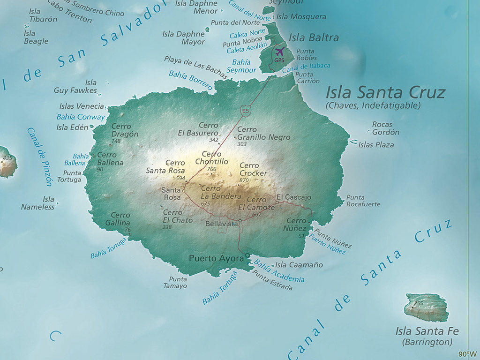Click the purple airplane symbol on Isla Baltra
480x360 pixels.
[x=280, y=51]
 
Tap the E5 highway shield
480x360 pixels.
[x=245, y=111]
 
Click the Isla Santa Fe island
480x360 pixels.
[x=427, y=307]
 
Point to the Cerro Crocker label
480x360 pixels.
[x=253, y=169]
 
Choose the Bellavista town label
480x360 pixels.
[x=221, y=224]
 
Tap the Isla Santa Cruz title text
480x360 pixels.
[x=385, y=92]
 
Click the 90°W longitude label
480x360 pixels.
[x=467, y=354]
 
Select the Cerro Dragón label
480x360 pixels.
[x=125, y=130]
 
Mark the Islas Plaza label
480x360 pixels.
[x=376, y=145]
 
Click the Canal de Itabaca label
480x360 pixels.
[x=307, y=68]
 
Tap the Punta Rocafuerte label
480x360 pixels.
[x=363, y=201]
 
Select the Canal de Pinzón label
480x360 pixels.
[x=39, y=157]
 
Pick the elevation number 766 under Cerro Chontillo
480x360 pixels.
[x=211, y=169]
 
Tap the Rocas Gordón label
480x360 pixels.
[x=385, y=128]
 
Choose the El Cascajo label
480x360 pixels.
[x=293, y=197]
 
